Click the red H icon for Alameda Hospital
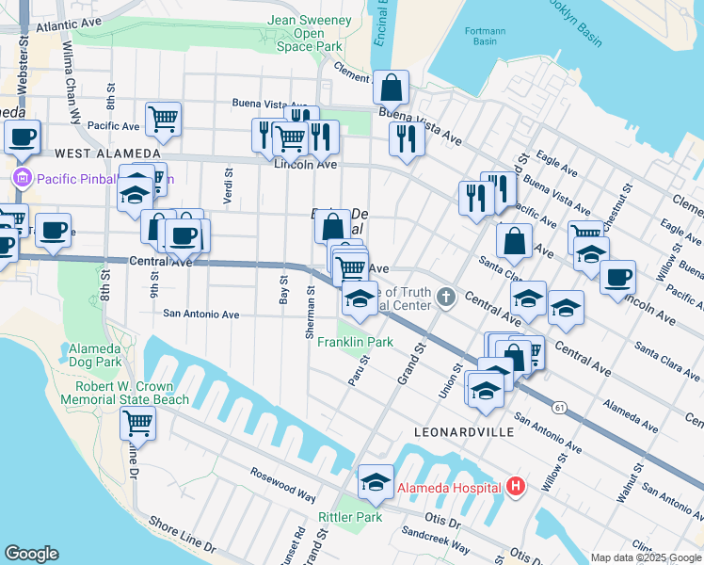pos(515,487)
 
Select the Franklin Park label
pos(354,342)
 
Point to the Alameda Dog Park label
pos(95,355)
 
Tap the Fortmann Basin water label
pos(486,36)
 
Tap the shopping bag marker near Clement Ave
pos(391,88)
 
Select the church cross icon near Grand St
pos(446,299)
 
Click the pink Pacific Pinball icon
pos(21,177)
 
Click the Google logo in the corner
pos(31,553)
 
